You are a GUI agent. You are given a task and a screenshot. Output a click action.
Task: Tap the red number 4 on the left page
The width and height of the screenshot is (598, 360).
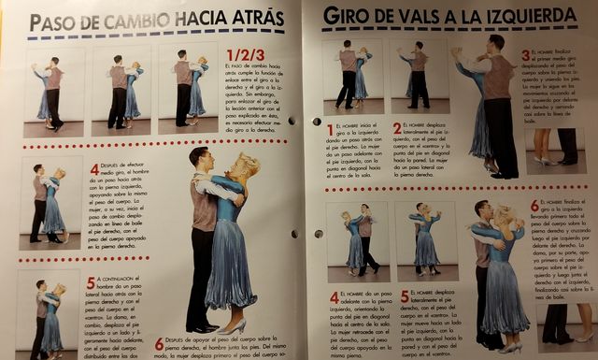[94, 169]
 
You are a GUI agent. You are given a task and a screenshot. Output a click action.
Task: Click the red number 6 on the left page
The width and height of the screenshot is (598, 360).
[159, 342]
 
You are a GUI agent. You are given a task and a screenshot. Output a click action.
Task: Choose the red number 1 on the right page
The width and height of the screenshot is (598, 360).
[330, 129]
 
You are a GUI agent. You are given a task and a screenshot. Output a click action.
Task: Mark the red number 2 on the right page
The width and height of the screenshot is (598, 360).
[397, 128]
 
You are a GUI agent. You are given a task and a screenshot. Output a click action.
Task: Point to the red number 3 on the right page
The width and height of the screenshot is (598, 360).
[525, 56]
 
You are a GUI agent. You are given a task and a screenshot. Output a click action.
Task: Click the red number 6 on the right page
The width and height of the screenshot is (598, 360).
[534, 204]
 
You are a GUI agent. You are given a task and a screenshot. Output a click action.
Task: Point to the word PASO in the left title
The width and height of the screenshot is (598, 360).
[60, 22]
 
